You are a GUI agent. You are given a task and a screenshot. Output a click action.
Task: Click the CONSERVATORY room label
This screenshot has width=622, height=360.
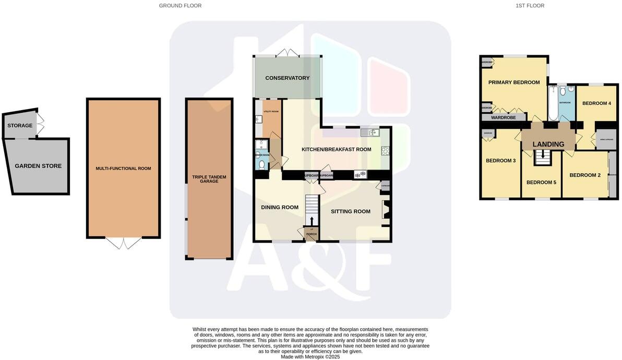coord(287,78)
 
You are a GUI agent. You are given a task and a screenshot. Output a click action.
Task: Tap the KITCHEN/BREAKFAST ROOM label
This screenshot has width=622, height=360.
coord(336,150)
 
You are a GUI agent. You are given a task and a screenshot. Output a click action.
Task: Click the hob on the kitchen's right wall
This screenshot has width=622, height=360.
coord(386,151)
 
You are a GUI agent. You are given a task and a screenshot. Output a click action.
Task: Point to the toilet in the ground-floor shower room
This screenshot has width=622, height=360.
coord(262,165)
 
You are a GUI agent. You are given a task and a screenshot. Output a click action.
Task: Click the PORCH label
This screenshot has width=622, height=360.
coord(312,234)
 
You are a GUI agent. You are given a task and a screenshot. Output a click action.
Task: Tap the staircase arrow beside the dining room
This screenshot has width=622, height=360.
coord(312,221)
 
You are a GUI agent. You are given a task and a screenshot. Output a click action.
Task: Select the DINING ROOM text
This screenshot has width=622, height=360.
coord(280,208)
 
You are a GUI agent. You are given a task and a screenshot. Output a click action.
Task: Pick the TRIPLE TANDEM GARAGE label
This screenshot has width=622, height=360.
coord(209,179)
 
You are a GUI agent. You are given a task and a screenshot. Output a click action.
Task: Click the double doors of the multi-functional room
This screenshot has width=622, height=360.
coord(124,243)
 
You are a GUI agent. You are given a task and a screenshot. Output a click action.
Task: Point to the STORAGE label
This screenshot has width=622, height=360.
coord(20,126)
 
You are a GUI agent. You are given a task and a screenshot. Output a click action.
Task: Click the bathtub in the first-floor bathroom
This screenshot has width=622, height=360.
coord(553,104)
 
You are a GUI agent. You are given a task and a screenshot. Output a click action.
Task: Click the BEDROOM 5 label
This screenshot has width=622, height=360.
coord(541,183)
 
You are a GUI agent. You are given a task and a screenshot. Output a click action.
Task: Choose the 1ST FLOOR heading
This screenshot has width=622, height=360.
coord(530,6)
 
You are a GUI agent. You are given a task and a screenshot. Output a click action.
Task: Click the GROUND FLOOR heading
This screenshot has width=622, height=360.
coord(180,6)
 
